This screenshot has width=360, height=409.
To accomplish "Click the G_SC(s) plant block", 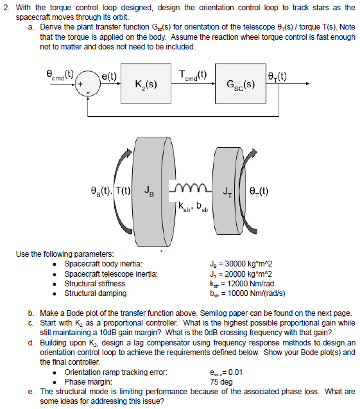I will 241,83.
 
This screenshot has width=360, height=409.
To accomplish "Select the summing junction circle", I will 85,83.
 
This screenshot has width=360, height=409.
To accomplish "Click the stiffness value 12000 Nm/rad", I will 243,284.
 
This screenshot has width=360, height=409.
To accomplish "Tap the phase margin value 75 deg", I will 224,381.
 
